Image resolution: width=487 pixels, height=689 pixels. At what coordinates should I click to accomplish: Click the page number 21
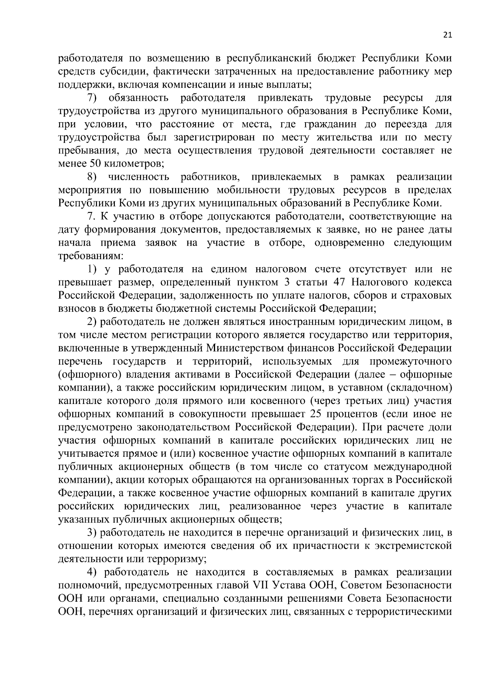[x=447, y=35]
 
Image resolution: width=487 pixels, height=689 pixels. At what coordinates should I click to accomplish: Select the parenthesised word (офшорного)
[x=91, y=375]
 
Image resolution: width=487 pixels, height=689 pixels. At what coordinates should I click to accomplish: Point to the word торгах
[x=366, y=480]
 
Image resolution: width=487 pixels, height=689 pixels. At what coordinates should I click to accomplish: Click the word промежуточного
[x=410, y=361]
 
